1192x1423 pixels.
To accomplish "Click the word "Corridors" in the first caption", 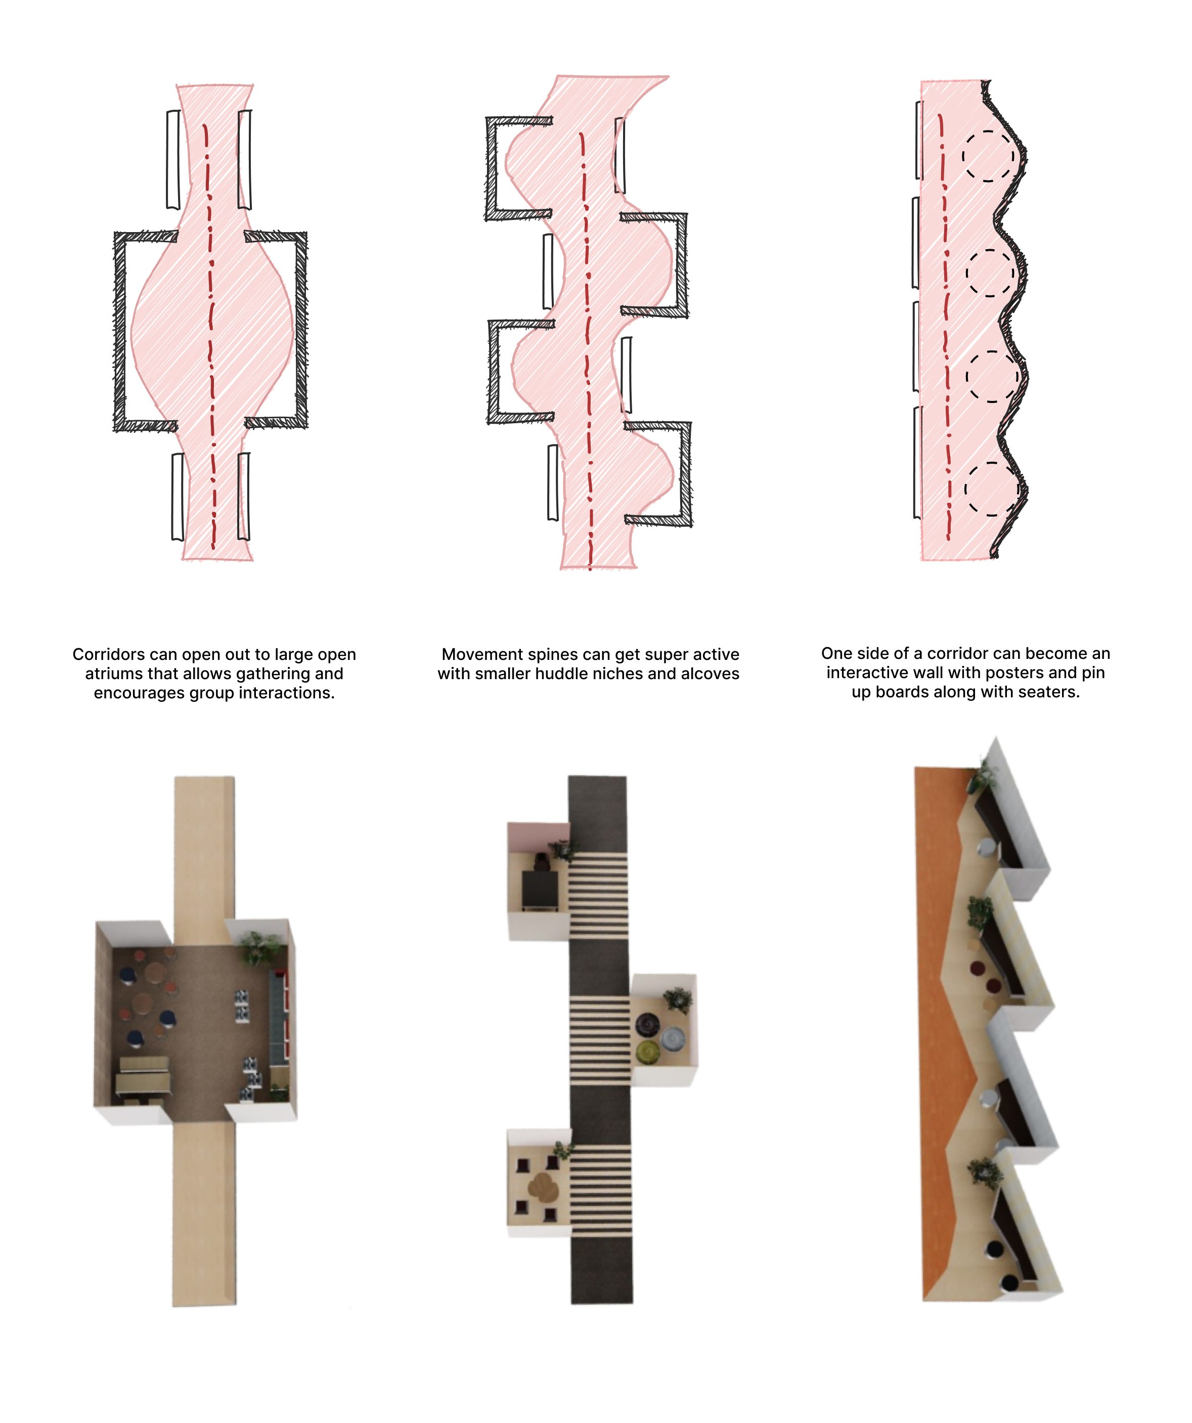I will (109, 654).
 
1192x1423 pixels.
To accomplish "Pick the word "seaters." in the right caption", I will (1049, 692).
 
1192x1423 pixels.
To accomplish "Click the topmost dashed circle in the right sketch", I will (988, 156).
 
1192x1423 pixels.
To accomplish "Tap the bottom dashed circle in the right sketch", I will (991, 488).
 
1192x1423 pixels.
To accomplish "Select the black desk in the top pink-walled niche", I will (540, 889).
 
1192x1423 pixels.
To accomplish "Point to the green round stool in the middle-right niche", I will (648, 1050).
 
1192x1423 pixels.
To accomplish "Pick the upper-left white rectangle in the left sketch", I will (173, 160).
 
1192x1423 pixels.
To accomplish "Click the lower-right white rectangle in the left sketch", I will (243, 497).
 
